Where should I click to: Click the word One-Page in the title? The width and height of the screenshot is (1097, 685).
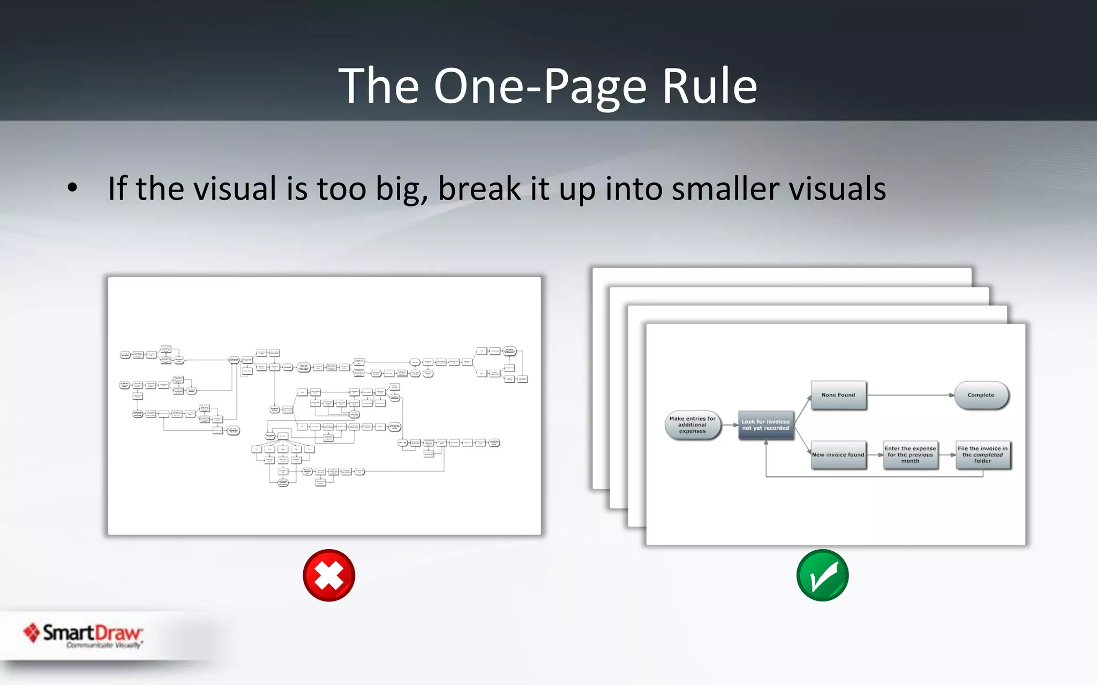tap(540, 87)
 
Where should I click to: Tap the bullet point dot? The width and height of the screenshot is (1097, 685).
tap(72, 188)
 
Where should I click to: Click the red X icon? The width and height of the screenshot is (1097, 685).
tap(329, 575)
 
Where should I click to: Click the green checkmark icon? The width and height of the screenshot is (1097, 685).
tap(822, 575)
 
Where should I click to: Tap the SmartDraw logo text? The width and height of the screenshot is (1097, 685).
tap(92, 633)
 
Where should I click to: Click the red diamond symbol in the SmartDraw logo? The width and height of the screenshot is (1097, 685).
tap(32, 633)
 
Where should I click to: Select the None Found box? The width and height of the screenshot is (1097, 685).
tap(838, 395)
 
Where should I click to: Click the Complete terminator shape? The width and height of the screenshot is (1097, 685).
tap(981, 395)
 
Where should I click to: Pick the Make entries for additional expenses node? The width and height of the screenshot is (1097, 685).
tap(692, 425)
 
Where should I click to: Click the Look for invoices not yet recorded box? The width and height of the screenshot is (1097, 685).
tap(765, 425)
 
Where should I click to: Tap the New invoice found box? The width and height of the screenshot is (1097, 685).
tap(838, 455)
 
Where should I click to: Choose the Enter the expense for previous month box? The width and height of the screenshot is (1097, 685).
tap(910, 455)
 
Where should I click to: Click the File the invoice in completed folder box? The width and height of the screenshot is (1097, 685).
tap(982, 455)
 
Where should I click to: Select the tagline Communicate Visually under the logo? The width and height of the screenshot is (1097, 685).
tap(103, 645)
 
